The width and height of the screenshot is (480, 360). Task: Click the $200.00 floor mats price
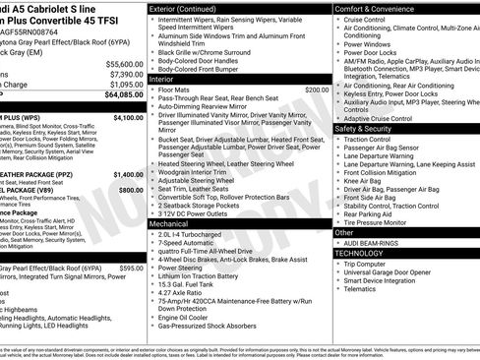click(317, 90)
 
